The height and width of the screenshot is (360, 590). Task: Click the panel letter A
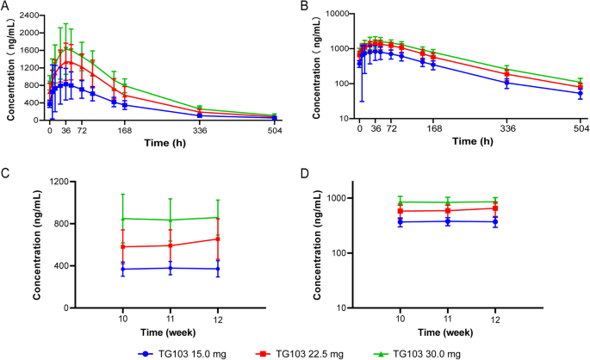click(x=6, y=7)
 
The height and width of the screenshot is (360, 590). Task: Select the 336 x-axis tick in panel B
click(x=507, y=129)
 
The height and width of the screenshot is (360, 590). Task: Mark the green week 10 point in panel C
click(x=123, y=218)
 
